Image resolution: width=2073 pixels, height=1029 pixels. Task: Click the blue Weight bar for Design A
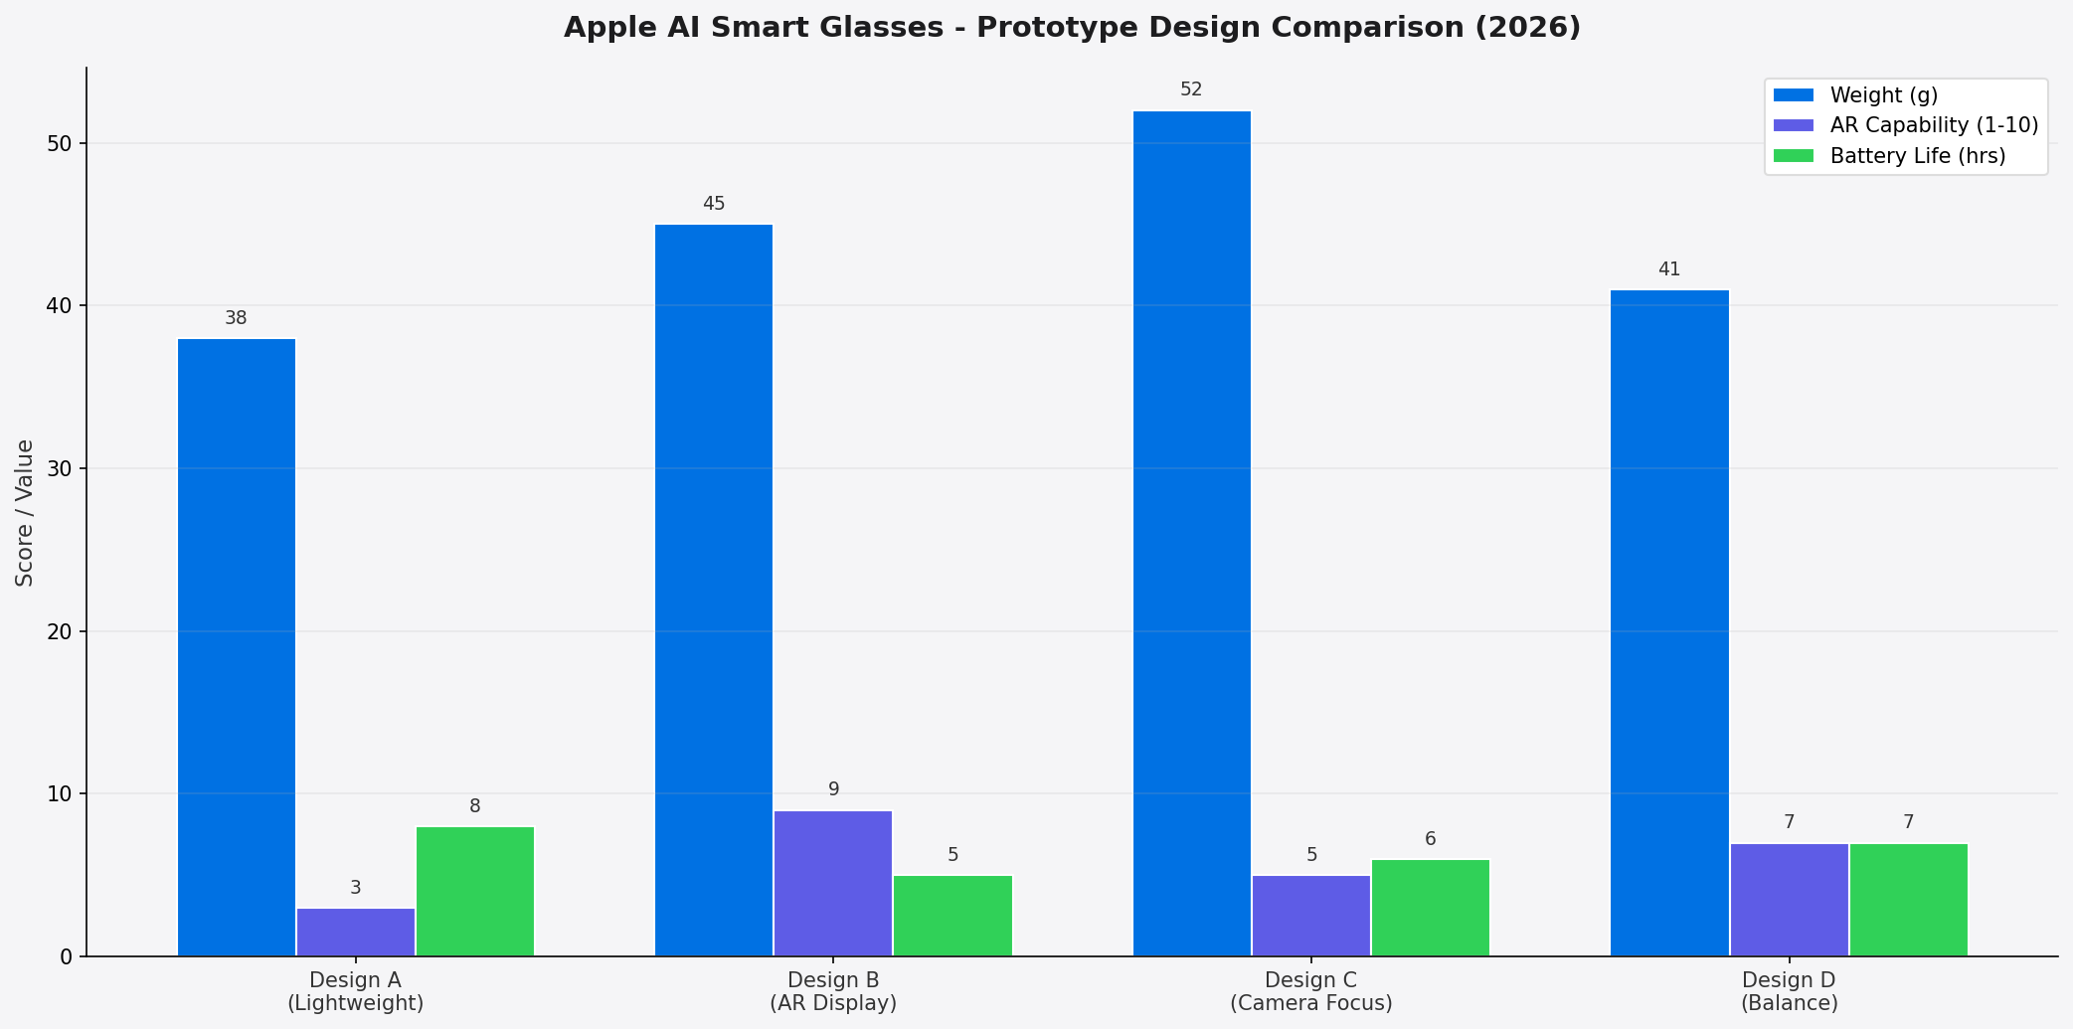[x=237, y=646]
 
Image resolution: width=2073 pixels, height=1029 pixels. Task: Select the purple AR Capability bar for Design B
[x=833, y=883]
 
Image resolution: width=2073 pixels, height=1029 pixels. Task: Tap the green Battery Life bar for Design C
[x=1430, y=908]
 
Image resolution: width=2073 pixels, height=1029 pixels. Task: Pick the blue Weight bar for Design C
[x=1191, y=533]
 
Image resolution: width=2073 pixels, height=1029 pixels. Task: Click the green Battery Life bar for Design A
[x=475, y=891]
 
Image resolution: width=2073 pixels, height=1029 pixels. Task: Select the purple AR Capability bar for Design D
[x=1789, y=900]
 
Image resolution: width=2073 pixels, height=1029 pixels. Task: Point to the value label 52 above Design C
[x=1191, y=89]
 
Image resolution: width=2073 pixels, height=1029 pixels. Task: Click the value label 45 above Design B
[x=714, y=204]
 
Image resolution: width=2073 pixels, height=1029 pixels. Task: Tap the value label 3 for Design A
[x=356, y=888]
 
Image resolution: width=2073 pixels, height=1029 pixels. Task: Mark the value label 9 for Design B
[x=833, y=789]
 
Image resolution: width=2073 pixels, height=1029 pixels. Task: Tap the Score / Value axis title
[x=25, y=513]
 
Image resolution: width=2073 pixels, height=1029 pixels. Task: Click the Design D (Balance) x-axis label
[x=1789, y=991]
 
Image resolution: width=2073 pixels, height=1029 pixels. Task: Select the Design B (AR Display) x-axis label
[x=833, y=991]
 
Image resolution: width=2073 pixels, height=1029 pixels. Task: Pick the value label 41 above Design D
[x=1668, y=269]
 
